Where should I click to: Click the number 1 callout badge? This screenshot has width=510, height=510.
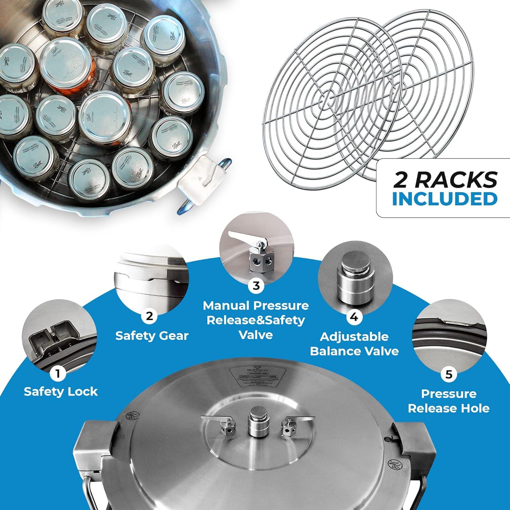pos(58,374)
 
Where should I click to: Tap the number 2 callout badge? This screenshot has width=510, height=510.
pos(149,316)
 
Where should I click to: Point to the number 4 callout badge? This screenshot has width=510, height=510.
pos(354,317)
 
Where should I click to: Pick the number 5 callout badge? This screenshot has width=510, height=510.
pos(449,374)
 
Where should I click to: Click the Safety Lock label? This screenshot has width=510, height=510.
pos(61,392)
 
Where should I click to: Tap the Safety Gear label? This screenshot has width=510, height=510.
pos(152,336)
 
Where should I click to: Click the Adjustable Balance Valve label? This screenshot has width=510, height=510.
pos(354,344)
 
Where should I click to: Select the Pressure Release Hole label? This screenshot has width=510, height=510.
pos(449,401)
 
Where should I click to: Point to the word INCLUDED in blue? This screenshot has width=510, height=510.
pos(445,199)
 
